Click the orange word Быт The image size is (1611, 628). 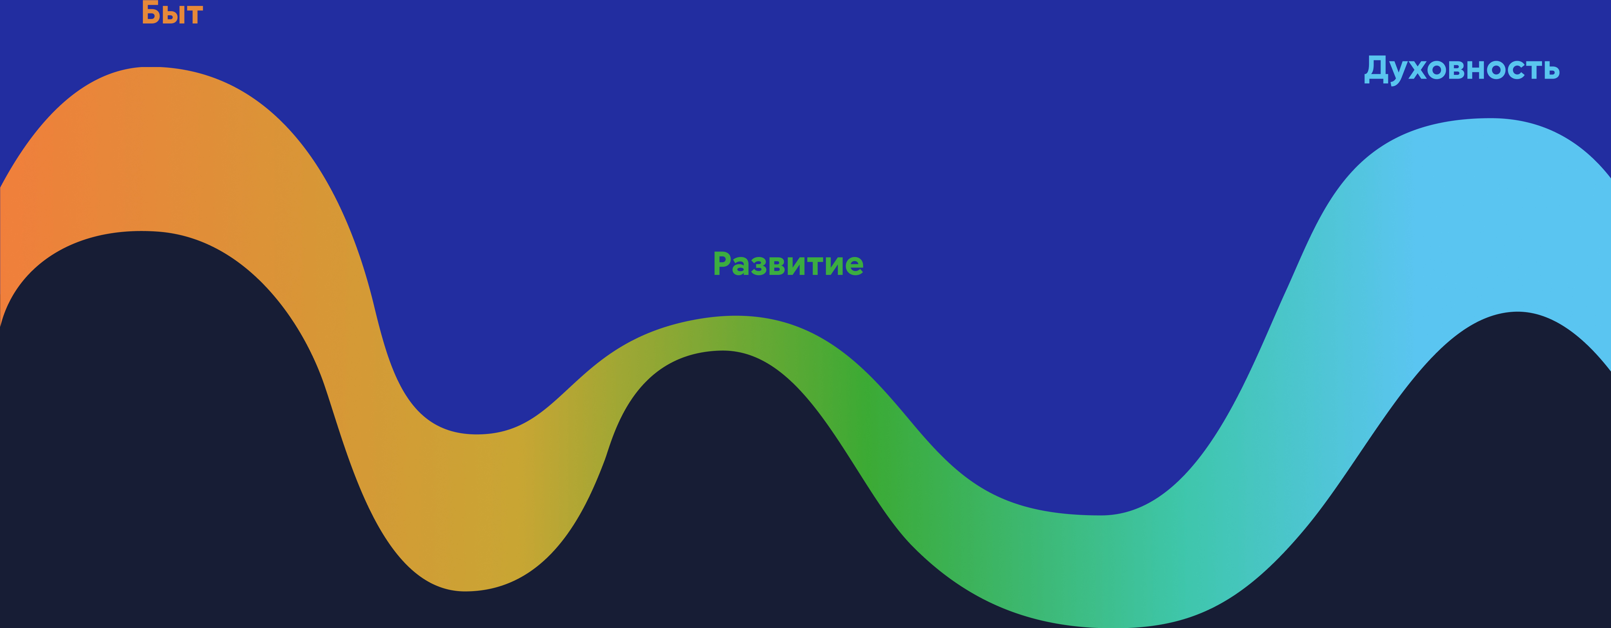click(172, 13)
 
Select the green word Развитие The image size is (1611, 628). click(788, 264)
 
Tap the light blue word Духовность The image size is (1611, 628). click(1461, 69)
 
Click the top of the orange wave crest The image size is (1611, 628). click(152, 67)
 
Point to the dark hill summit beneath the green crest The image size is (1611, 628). click(723, 351)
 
